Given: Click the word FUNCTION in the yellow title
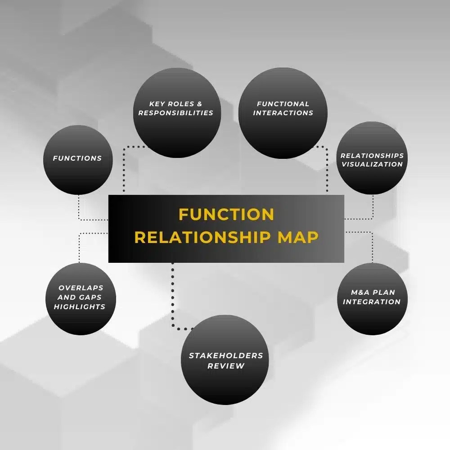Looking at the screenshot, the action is [x=226, y=214].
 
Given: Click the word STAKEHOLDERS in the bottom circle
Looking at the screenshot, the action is [x=226, y=355].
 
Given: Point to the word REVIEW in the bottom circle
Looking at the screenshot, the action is [x=226, y=366].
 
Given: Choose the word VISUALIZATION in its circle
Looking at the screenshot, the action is [x=372, y=164].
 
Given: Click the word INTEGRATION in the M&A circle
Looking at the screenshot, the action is [x=372, y=302].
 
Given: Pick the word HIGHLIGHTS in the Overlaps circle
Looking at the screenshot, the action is [x=80, y=307].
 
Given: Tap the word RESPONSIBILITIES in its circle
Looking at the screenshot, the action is [x=176, y=113].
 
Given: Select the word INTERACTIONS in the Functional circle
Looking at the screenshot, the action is [x=283, y=113].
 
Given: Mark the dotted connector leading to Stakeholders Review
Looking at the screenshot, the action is [x=172, y=297].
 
